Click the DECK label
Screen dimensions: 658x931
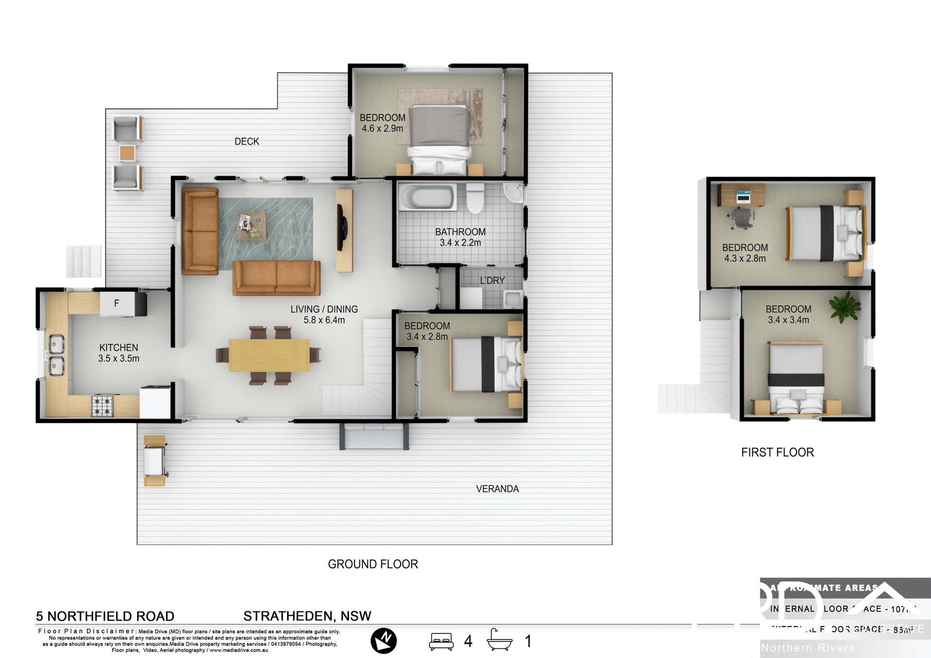click(247, 142)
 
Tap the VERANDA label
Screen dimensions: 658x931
click(497, 489)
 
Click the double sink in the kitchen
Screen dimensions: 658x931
click(55, 355)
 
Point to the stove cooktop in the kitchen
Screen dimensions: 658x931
click(102, 406)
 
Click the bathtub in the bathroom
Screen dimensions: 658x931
click(427, 197)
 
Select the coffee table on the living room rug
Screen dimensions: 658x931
click(251, 225)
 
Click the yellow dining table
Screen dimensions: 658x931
click(269, 355)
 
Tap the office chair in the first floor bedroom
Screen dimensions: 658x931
click(742, 218)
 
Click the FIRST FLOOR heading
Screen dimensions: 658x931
click(777, 452)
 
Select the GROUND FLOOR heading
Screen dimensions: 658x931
click(372, 564)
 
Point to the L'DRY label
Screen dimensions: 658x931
click(492, 281)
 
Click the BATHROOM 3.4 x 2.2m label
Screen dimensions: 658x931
click(460, 237)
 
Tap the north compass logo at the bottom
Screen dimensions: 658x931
click(384, 641)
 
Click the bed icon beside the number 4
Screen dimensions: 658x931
click(441, 641)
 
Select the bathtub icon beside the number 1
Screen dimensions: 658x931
click(499, 640)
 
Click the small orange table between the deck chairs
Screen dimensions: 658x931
click(127, 153)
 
